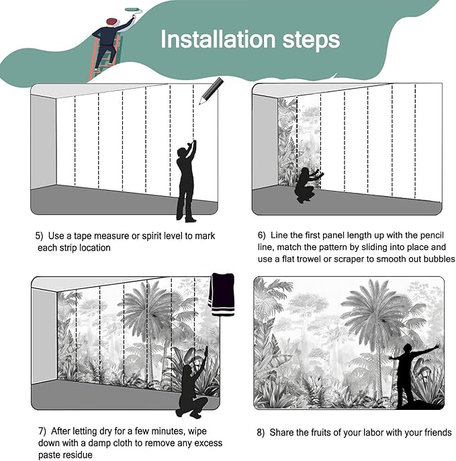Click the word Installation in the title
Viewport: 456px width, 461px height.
tap(218, 40)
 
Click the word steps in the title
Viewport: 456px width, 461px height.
tap(311, 40)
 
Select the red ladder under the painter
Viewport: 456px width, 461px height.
tap(104, 58)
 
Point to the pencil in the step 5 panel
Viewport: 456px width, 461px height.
tap(211, 91)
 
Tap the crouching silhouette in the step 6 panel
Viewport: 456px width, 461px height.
tap(308, 185)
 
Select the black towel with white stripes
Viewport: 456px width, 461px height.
tap(222, 294)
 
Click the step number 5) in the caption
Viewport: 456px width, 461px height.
tap(39, 236)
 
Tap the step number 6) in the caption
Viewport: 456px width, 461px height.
tap(261, 235)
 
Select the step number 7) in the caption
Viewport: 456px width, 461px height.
tap(42, 431)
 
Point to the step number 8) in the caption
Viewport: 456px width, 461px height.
tap(261, 433)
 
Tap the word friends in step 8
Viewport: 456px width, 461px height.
tap(438, 433)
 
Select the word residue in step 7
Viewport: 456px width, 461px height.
tap(76, 454)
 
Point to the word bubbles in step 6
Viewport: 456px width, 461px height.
tap(439, 259)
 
